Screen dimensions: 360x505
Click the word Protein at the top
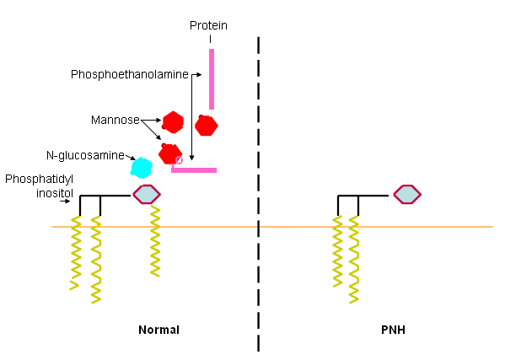207,25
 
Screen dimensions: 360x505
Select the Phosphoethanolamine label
129,74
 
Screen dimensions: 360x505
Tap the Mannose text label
115,120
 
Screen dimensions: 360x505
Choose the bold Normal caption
158,329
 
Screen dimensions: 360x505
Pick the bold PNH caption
393,329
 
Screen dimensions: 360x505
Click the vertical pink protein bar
212,78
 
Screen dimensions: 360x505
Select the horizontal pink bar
195,170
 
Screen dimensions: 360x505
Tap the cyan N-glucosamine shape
141,167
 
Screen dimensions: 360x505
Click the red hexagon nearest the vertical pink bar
207,126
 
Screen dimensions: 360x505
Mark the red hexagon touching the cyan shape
169,154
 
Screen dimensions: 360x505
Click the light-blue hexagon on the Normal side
147,195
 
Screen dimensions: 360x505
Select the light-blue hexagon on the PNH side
407,195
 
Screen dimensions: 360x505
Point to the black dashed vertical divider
258,194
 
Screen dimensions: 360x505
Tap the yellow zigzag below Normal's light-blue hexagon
155,244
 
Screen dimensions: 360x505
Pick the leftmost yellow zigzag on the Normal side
76,253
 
